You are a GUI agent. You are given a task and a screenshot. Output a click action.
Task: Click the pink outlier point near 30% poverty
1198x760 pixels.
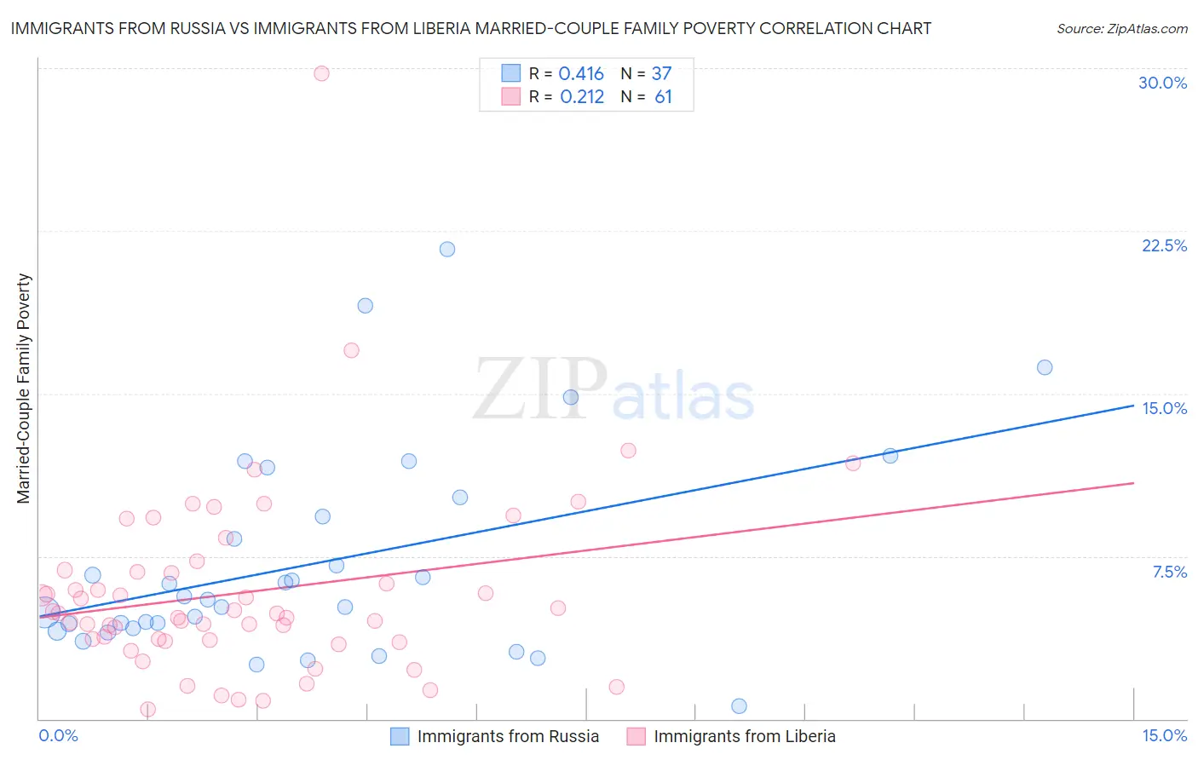[x=321, y=73]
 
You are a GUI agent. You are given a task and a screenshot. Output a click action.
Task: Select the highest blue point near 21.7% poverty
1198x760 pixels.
[x=447, y=250]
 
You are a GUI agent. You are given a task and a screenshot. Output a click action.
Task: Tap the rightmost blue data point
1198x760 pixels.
[x=1045, y=367]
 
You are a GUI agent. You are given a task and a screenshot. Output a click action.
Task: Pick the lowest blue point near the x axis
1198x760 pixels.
[x=739, y=705]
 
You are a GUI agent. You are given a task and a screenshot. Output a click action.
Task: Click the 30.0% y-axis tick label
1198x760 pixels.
[x=1162, y=83]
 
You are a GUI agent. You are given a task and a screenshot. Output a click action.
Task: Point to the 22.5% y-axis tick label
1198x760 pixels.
[x=1164, y=245]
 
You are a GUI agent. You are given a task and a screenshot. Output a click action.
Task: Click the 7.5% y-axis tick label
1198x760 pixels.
[x=1169, y=572]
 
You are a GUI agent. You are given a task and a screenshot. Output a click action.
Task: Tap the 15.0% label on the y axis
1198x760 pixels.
[x=1164, y=408]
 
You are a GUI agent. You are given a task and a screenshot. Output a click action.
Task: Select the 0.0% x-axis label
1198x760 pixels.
[x=59, y=735]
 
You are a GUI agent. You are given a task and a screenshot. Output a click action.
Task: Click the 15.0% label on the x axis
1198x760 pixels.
[x=1164, y=735]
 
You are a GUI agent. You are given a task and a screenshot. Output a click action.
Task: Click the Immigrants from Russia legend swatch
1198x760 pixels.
[x=400, y=736]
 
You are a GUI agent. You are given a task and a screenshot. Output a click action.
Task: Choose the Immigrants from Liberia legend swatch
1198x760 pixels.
[x=636, y=736]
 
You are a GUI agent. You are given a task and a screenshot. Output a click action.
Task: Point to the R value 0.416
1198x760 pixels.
[x=581, y=74]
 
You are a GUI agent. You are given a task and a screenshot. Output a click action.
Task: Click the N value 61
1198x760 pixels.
[x=663, y=97]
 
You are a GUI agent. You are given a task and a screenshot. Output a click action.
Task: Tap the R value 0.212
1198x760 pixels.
[x=581, y=97]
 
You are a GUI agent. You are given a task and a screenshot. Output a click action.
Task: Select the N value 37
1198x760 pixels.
[x=661, y=74]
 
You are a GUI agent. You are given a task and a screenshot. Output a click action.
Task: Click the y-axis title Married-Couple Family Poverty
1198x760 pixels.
[x=24, y=389]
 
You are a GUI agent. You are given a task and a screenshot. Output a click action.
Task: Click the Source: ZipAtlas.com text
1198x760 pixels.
[x=1121, y=29]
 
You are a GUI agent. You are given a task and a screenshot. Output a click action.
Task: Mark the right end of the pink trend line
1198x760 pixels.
[x=1133, y=483]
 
